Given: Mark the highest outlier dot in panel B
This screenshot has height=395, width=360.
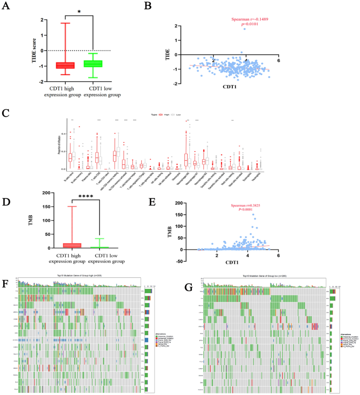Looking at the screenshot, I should (244, 29).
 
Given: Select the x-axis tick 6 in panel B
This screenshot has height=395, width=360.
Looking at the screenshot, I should (278, 61).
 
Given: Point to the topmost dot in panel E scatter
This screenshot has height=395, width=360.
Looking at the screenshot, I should (253, 214).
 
